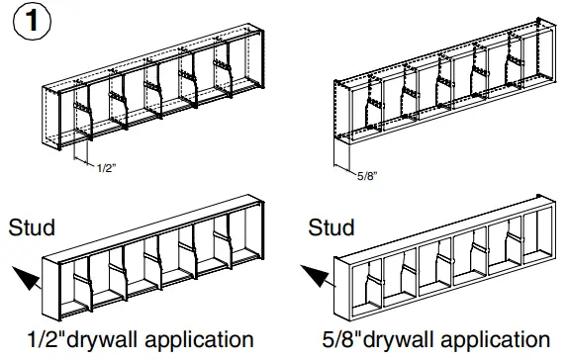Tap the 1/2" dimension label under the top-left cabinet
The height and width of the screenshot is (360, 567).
point(105,169)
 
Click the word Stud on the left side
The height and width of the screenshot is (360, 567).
point(31,228)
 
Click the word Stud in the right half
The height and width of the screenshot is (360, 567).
point(331,228)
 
